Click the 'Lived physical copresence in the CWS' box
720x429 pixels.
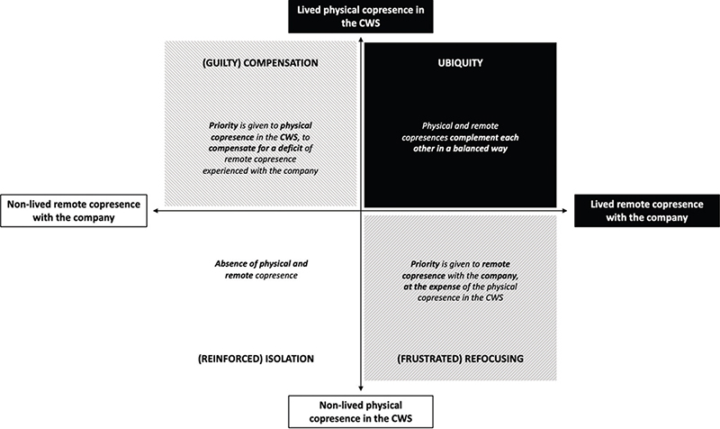click(360, 15)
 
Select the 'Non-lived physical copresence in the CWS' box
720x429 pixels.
click(360, 410)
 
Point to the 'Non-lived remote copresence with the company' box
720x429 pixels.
click(75, 211)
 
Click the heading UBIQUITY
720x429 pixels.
click(458, 65)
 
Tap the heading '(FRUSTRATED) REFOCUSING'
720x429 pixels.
click(459, 358)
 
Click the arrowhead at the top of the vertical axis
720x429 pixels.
click(360, 38)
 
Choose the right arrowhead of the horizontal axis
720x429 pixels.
click(569, 211)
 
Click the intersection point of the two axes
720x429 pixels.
click(360, 211)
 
